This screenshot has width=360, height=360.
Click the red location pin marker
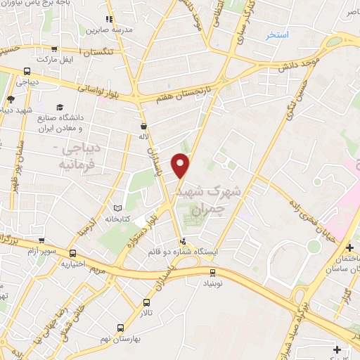181,165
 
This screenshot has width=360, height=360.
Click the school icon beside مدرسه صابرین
108,20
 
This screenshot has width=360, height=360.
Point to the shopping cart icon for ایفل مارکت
55,49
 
